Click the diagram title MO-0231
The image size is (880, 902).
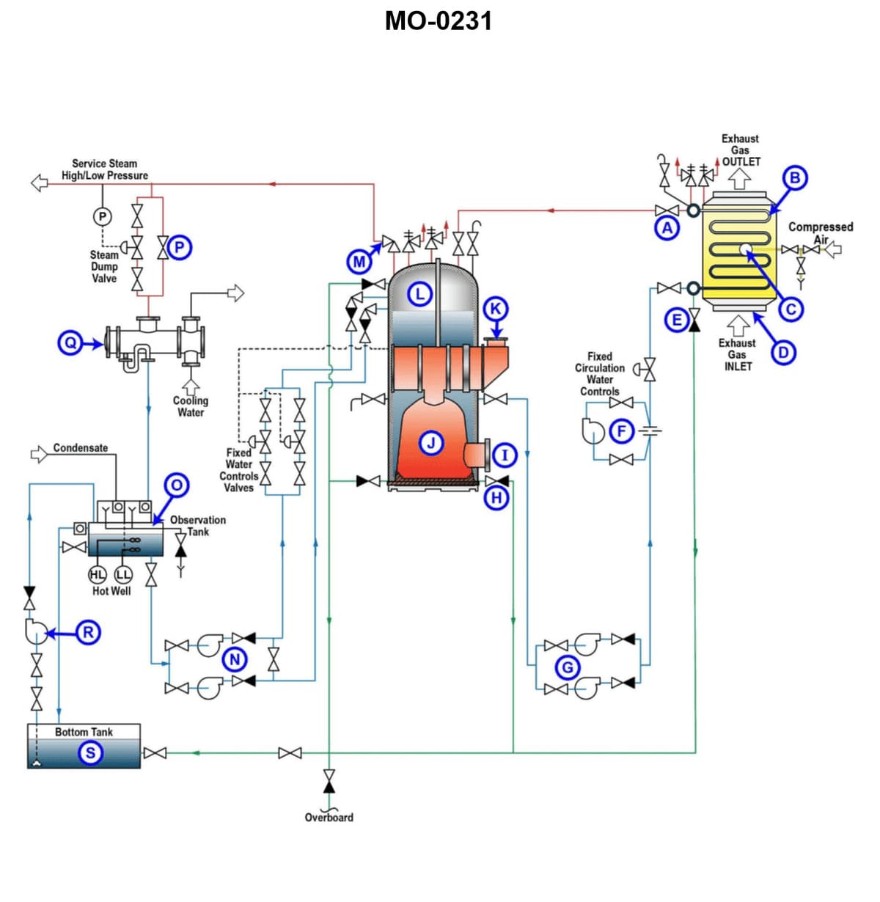click(x=439, y=21)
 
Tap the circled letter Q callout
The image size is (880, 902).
click(x=70, y=342)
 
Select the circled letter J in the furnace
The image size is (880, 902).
click(x=431, y=442)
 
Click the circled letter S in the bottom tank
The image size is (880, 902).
click(x=90, y=752)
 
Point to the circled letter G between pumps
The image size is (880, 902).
click(x=567, y=667)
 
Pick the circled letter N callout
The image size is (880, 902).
click(x=235, y=659)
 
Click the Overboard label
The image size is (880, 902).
click(x=329, y=817)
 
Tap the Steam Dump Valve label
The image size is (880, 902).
click(x=103, y=266)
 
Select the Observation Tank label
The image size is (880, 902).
click(x=197, y=525)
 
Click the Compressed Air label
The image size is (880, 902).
click(x=821, y=232)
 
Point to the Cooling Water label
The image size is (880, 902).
click(x=191, y=406)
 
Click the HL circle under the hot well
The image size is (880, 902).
click(x=98, y=574)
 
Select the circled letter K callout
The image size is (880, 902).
click(x=496, y=308)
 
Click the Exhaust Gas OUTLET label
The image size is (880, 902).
click(x=740, y=150)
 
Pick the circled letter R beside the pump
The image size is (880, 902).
click(x=88, y=632)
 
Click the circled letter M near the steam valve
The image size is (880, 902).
click(x=359, y=261)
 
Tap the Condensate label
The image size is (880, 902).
click(x=80, y=447)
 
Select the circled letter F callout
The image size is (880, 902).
click(x=621, y=430)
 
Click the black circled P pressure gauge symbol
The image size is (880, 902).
click(x=103, y=216)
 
